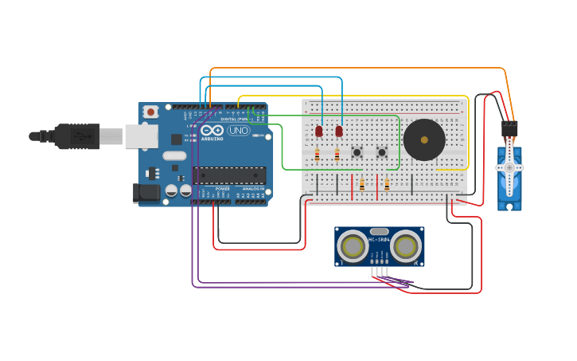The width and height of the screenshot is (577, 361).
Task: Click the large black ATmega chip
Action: tap(229, 175)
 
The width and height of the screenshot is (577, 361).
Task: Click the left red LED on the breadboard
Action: tap(319, 131)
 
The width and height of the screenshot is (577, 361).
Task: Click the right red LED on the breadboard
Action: tap(339, 131)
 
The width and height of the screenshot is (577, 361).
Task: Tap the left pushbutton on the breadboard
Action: tap(357, 152)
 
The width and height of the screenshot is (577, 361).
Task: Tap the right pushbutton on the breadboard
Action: tap(382, 152)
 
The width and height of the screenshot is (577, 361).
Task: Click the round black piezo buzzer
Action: tap(424, 140)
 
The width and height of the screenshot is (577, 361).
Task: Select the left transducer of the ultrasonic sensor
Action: tap(353, 246)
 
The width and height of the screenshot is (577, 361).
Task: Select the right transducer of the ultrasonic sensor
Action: tap(406, 246)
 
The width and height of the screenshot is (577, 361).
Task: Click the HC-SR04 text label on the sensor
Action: tap(380, 238)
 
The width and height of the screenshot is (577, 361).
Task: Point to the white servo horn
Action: tap(509, 167)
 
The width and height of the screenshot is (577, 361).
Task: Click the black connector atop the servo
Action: tap(509, 129)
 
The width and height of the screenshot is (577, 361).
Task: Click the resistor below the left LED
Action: tap(317, 155)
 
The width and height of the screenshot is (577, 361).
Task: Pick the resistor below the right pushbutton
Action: tap(387, 185)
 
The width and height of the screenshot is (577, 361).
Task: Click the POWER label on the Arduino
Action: tap(222, 189)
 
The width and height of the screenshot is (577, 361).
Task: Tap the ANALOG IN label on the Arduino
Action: tap(253, 189)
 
